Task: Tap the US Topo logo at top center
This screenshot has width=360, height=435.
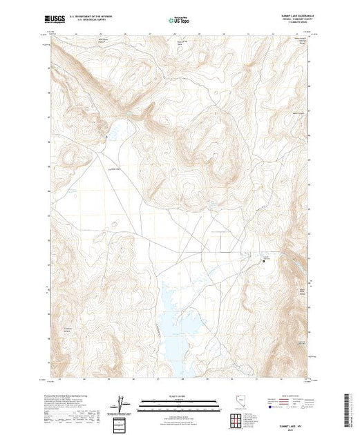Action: point(179,20)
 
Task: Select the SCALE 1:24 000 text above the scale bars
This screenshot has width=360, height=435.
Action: point(180,396)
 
